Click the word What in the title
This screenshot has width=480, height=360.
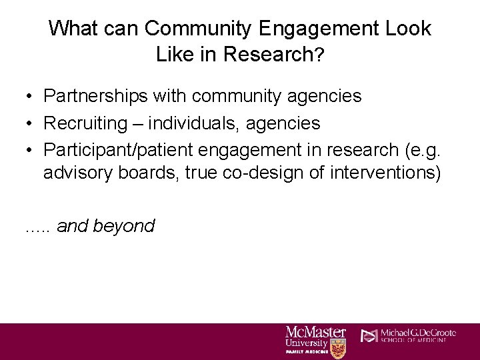pos(72,29)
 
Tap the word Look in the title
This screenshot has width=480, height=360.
pos(407,29)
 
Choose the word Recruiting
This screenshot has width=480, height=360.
pos(85,123)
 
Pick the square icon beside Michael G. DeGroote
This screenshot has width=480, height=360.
pos(369,335)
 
